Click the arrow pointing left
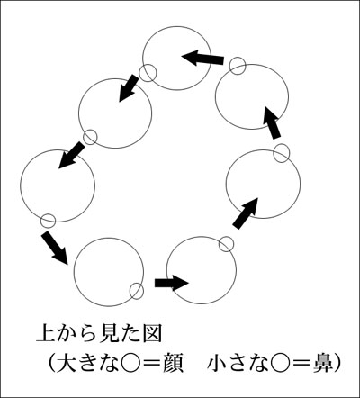click(x=202, y=58)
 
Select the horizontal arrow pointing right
click(x=171, y=283)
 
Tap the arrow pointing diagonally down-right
click(x=56, y=248)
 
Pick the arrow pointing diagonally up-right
click(x=246, y=213)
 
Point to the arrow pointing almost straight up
click(x=272, y=122)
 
